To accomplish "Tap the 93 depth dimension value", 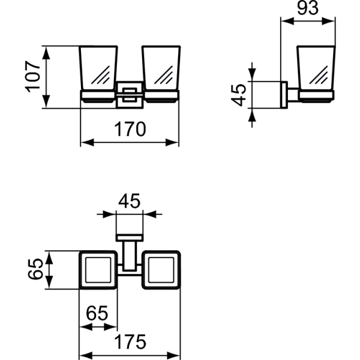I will pos(308,8).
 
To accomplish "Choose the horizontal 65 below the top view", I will pos(98,313).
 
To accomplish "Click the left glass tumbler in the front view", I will pos(98,69).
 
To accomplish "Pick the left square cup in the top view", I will pos(98,272).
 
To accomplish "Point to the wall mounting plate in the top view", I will pos(129,236).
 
